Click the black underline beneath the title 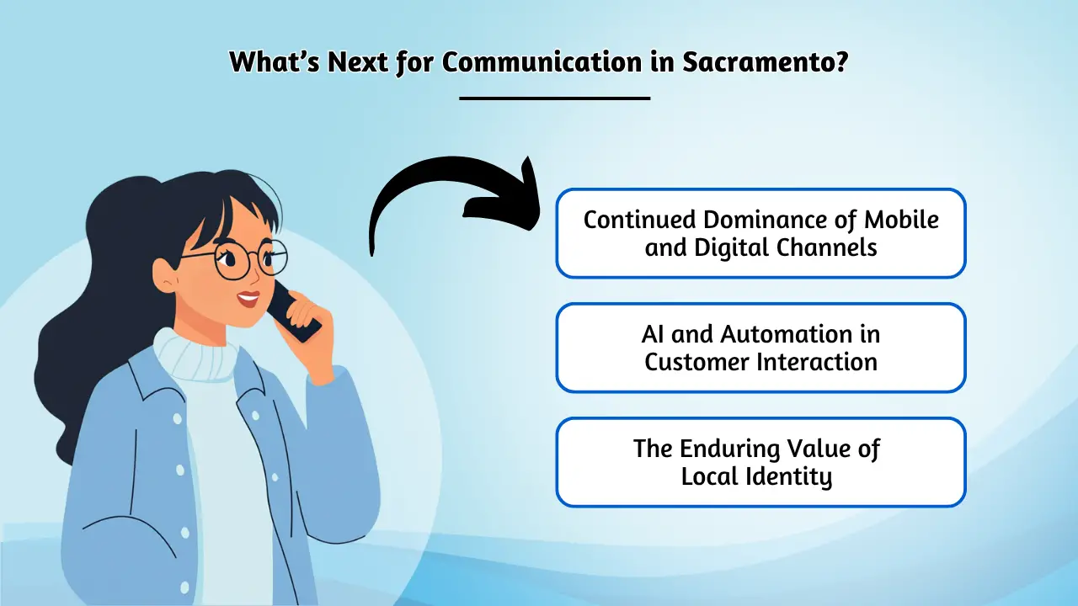tap(555, 98)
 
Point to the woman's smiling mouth tap(248, 298)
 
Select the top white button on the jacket tap(178, 418)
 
